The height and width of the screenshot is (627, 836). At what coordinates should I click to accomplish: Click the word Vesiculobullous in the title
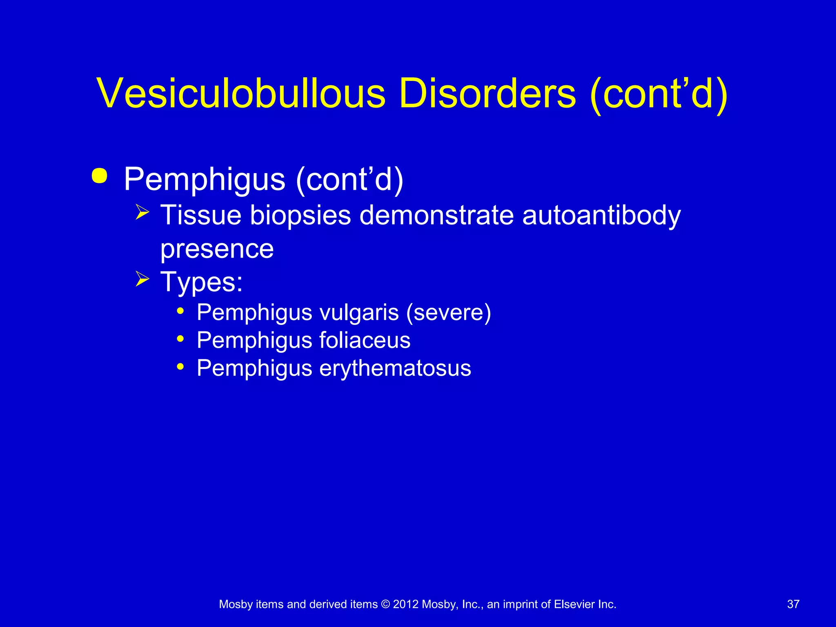pos(241,93)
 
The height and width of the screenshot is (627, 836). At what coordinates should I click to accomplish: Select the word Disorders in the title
pos(487,93)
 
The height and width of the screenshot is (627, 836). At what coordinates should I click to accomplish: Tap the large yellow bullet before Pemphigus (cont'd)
pos(100,176)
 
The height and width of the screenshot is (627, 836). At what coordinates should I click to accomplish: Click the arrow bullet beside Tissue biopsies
pos(142,212)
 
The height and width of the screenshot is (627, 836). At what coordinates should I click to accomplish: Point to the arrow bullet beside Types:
pos(142,279)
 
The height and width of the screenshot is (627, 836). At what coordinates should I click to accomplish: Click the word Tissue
pos(200,215)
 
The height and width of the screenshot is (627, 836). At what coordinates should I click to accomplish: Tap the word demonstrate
pos(436,215)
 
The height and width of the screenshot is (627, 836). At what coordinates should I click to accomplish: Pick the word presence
pos(217,249)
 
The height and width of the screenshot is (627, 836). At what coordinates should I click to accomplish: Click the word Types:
pos(202,282)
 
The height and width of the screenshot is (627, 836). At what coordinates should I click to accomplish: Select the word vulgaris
pos(359,313)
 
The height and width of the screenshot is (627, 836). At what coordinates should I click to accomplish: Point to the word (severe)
pos(449,313)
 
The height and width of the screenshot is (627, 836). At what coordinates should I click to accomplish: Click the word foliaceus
pos(365,340)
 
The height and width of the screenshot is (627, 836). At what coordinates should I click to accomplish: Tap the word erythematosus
pos(395,368)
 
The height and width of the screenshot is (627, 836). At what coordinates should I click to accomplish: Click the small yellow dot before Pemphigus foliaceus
pos(180,338)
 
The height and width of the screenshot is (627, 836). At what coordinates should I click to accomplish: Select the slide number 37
pos(793,604)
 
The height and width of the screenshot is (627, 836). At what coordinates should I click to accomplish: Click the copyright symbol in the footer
pos(385,604)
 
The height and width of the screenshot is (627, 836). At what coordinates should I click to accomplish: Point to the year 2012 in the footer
pos(406,604)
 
